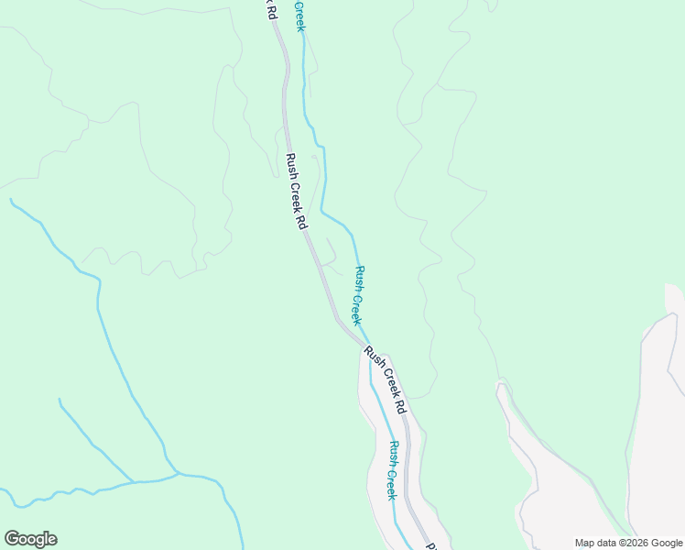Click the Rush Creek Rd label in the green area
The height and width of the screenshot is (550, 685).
point(296,191)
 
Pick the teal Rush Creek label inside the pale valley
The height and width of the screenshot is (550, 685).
point(392,470)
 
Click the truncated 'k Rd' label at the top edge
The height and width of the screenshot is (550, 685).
point(271,10)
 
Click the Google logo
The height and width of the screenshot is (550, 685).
point(30,539)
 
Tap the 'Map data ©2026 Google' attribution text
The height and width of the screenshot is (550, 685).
point(629,543)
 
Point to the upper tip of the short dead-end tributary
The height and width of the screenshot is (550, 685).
point(60,400)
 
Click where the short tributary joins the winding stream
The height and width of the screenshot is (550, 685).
point(134,481)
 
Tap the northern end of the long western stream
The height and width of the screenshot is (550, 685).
point(10,199)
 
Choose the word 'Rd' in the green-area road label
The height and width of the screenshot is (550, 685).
point(301,220)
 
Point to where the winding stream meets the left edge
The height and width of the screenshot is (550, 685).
point(3,492)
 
